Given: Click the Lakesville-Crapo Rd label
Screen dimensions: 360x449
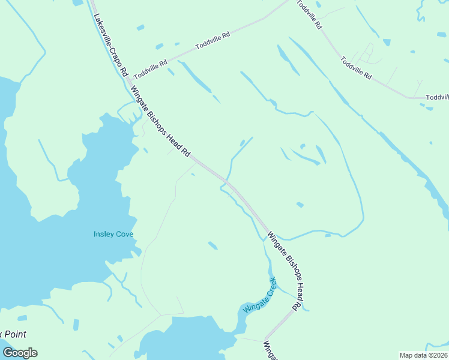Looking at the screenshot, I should (111, 45).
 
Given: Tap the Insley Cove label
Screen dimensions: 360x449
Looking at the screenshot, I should (113, 234).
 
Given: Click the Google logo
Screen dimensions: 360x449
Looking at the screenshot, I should (20, 353).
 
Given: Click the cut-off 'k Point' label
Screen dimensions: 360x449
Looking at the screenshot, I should (13, 334).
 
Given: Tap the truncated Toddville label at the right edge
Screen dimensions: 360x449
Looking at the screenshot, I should (437, 97).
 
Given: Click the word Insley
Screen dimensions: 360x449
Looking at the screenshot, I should (104, 234).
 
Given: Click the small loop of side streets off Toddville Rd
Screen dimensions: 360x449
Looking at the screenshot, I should (367, 53).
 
